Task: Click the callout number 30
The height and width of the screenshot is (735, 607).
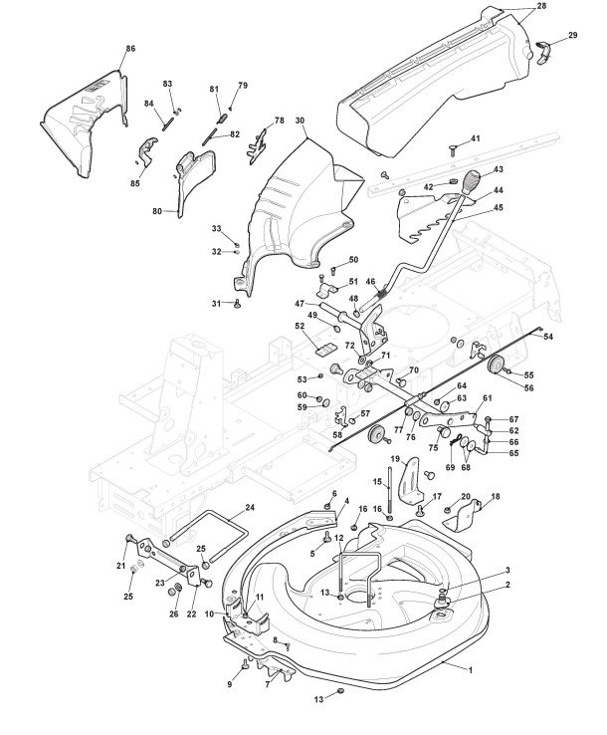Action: point(299,121)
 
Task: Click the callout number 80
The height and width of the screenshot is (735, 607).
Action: point(157,211)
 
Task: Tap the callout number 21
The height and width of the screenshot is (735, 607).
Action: point(120,567)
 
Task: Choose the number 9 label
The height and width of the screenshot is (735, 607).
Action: point(229,685)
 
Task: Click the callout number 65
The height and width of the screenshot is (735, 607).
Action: point(513,453)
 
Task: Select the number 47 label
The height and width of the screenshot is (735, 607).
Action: point(299,303)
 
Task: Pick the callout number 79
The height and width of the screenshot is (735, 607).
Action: point(244,85)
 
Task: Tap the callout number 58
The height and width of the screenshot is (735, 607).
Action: point(336,435)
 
